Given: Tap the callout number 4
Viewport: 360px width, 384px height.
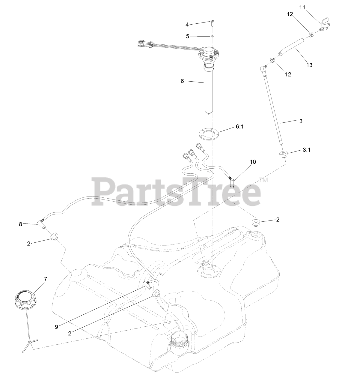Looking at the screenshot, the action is point(187,24).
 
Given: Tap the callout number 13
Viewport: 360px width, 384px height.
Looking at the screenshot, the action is point(309,65).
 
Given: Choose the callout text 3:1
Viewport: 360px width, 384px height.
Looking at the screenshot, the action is point(307,150).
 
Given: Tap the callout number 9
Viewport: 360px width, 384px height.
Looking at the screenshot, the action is point(56,327).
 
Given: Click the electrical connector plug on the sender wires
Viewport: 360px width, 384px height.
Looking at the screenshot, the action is point(144,44).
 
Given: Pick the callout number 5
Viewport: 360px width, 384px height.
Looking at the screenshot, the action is point(188,36).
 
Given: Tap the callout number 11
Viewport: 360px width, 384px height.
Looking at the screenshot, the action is point(302,7).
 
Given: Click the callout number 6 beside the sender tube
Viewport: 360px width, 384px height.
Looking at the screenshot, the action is point(182,81).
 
